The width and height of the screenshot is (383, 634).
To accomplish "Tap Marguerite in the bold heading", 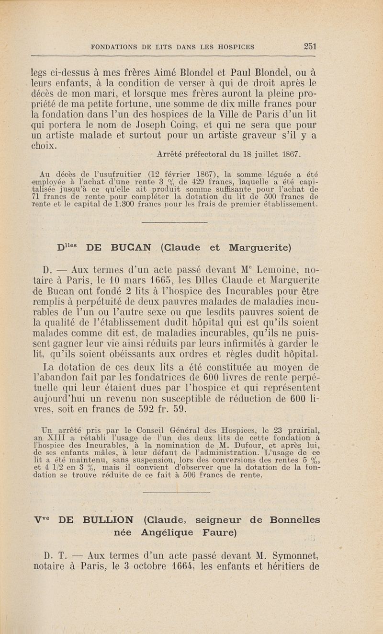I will [260, 248].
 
